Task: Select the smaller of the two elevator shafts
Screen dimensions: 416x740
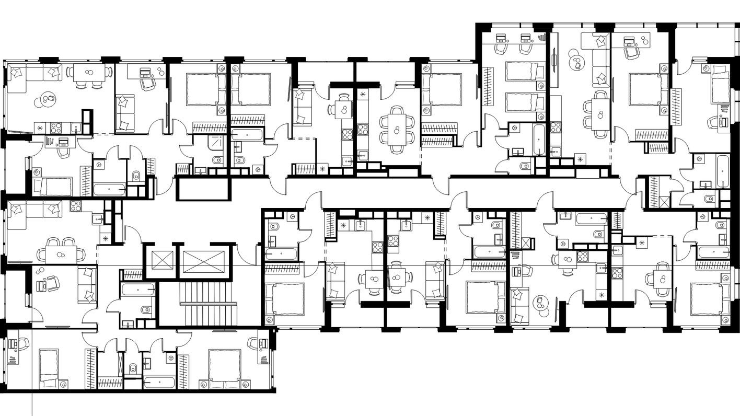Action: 161,260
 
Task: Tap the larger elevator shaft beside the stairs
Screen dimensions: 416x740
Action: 203,261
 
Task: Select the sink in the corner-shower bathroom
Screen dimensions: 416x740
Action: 200,170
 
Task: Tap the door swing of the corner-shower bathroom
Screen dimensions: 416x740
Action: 187,152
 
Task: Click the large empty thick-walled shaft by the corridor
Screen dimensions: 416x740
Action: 203,188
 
